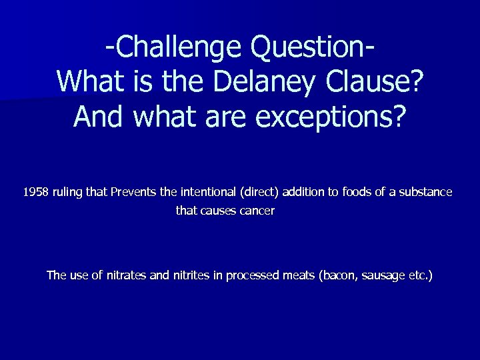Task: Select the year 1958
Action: (x=36, y=193)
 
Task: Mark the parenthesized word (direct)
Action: (x=257, y=193)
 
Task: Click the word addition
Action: (x=303, y=193)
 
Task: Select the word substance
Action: (x=426, y=193)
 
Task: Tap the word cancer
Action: (x=256, y=211)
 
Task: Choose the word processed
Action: (x=254, y=275)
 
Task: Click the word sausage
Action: (x=382, y=275)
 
